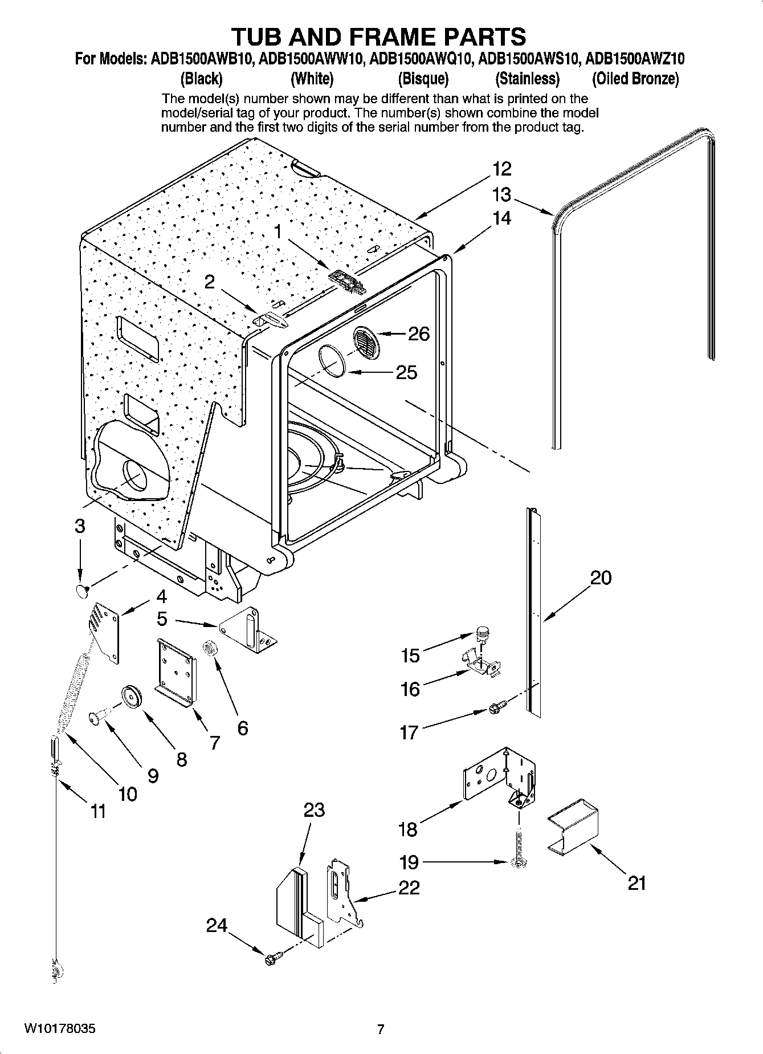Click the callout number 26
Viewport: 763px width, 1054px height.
[x=419, y=333]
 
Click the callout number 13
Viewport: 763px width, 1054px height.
[x=501, y=195]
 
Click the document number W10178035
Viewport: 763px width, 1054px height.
[x=59, y=1029]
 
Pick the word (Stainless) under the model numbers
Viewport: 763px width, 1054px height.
[x=527, y=78]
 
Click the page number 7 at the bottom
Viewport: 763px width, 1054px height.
[x=381, y=1029]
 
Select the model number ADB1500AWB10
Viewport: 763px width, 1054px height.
[x=202, y=59]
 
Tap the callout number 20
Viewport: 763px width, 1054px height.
[x=601, y=578]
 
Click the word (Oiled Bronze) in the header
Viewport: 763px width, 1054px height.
[x=635, y=78]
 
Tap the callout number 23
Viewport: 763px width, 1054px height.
[x=314, y=810]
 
